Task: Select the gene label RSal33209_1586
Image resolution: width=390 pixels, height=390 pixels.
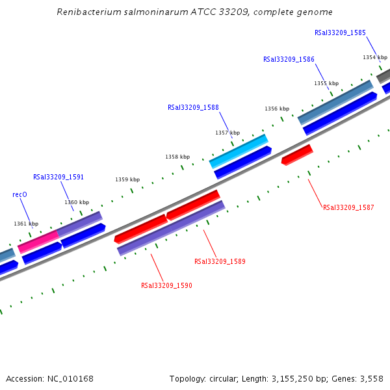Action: pyautogui.click(x=289, y=59)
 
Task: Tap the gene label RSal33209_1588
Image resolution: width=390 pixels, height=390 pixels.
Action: pyautogui.click(x=193, y=108)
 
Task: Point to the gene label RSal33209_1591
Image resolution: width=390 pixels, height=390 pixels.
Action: pyautogui.click(x=58, y=177)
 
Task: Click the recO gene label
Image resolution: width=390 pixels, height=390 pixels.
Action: pyautogui.click(x=19, y=194)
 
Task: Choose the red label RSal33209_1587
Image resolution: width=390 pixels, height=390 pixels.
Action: pyautogui.click(x=348, y=208)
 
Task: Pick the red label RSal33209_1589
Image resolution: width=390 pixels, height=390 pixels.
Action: pyautogui.click(x=220, y=261)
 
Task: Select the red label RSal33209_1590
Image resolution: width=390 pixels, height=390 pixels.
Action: pyautogui.click(x=166, y=285)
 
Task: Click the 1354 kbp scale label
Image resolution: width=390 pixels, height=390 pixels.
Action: pyautogui.click(x=375, y=57)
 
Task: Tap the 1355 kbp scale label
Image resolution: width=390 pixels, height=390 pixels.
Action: pyautogui.click(x=326, y=83)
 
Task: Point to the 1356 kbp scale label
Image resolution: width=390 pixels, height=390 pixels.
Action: pyautogui.click(x=277, y=109)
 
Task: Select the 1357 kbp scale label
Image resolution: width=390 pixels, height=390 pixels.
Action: pyautogui.click(x=227, y=133)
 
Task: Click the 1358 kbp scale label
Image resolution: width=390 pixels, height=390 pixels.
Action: pyautogui.click(x=177, y=157)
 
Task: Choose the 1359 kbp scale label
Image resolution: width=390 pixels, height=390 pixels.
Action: pyautogui.click(x=127, y=179)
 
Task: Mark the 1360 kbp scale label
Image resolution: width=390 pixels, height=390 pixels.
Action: pyautogui.click(x=77, y=202)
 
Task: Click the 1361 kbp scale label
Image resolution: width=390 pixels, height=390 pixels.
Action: pyautogui.click(x=26, y=224)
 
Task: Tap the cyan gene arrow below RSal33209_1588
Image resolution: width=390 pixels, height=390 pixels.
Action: pyautogui.click(x=238, y=151)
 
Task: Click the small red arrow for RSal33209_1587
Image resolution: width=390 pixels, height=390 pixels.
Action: pyautogui.click(x=297, y=154)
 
